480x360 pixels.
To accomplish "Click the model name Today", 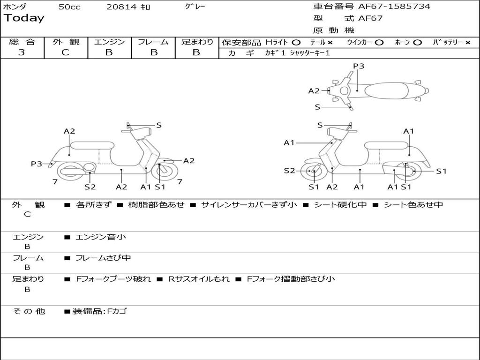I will coord(24,18).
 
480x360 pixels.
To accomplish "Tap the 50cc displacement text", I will coord(69,7).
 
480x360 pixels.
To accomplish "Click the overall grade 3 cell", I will coord(22,52).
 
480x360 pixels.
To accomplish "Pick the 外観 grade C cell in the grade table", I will coord(66,52).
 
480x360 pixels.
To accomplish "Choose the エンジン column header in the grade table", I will coord(109,42).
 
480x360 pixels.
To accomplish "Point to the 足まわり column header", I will coord(197,42).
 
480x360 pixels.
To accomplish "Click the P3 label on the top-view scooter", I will coord(359,66).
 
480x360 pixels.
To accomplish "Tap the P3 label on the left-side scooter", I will coord(37,164).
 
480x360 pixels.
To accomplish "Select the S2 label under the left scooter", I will coord(90,187).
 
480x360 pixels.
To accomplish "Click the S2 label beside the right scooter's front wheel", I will coord(289,171).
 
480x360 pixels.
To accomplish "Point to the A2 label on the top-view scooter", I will coord(314,91).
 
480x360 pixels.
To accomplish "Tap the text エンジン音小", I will coord(101,237).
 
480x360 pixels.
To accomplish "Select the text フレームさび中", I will coord(103,258).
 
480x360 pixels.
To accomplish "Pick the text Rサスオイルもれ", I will coord(199,279).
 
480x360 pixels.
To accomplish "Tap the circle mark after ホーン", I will coord(417,43).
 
